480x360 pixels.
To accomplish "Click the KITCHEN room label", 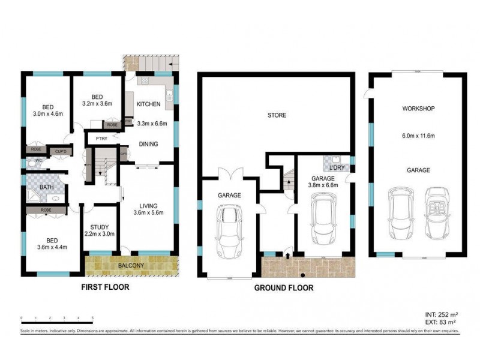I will [149, 104].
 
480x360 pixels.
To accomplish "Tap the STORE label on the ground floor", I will [277, 115].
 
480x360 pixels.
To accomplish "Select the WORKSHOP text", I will [418, 109].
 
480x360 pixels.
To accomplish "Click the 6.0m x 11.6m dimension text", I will [418, 136].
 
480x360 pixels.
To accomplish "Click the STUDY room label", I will [99, 227].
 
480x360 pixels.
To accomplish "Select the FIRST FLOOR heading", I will [105, 287].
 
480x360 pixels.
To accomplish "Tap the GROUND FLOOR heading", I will [283, 288].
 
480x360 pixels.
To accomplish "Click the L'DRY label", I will [337, 169].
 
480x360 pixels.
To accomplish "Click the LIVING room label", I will [148, 205].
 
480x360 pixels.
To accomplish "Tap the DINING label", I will [148, 144].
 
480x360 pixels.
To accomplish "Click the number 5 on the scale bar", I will [92, 317].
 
